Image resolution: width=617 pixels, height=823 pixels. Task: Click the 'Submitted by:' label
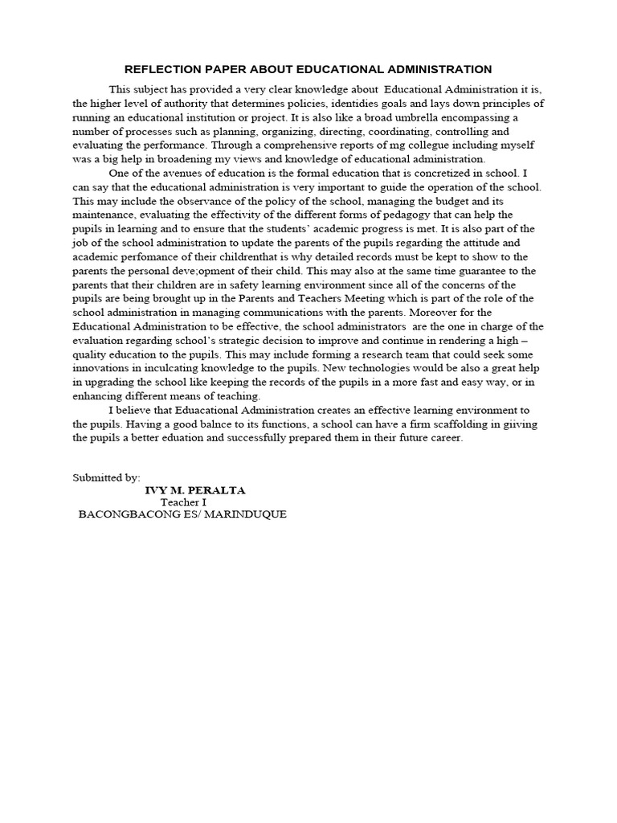click(x=106, y=477)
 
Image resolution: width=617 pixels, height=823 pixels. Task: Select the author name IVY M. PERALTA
click(x=195, y=489)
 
